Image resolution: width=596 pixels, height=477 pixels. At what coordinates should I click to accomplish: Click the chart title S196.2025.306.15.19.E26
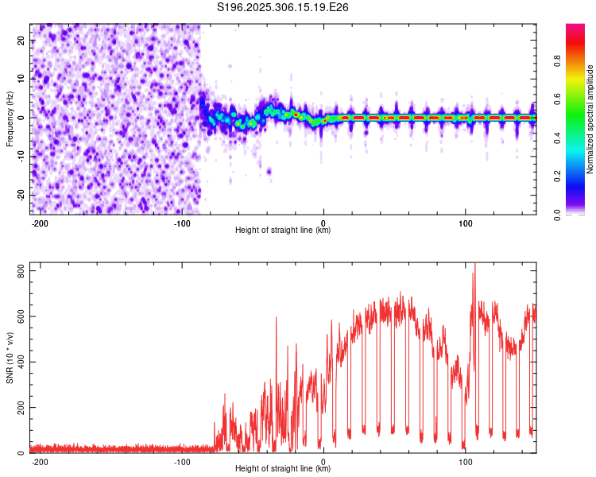(x=284, y=7)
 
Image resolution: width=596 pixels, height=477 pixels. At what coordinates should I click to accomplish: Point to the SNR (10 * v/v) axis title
(x=10, y=358)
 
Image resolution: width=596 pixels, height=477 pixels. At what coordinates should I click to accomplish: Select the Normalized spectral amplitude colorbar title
(x=590, y=119)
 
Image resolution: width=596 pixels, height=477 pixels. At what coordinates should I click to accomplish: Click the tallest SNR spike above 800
(x=474, y=266)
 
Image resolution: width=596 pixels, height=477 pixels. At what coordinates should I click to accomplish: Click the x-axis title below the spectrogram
(x=283, y=231)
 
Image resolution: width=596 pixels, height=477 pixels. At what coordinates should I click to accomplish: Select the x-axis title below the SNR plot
(x=283, y=469)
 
